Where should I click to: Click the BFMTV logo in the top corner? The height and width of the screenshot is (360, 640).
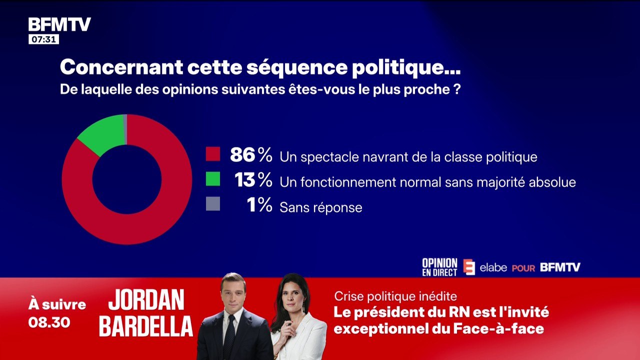click(x=59, y=24)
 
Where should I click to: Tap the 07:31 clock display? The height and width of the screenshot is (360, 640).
click(x=43, y=39)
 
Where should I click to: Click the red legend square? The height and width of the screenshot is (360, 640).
click(x=213, y=154)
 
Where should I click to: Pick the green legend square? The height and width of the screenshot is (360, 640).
click(x=213, y=179)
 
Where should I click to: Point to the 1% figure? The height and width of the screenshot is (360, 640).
click(x=259, y=205)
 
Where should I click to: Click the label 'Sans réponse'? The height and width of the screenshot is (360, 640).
click(x=321, y=207)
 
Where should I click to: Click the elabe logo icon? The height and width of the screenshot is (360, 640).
click(x=469, y=267)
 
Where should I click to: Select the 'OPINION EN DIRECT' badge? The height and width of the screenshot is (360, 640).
click(x=439, y=267)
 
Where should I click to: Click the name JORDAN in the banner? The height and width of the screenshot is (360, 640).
click(x=146, y=300)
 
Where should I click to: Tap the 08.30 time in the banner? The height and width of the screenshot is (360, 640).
click(x=49, y=322)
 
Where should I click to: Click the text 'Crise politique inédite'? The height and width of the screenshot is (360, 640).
click(x=395, y=296)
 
